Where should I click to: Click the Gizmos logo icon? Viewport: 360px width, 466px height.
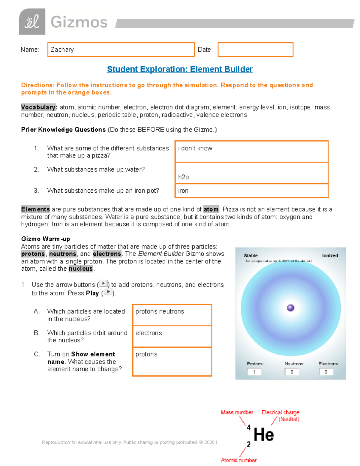(x=32, y=22)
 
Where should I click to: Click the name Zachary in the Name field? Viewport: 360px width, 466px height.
(x=62, y=50)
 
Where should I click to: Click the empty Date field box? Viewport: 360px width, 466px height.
(x=255, y=50)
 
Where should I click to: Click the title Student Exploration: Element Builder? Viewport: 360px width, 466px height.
(x=180, y=69)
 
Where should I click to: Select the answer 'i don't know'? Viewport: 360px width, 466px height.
(x=195, y=148)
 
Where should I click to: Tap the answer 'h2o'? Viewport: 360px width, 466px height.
(x=183, y=177)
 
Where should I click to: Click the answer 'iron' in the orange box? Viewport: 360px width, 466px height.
(x=183, y=191)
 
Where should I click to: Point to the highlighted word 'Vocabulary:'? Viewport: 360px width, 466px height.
(x=39, y=107)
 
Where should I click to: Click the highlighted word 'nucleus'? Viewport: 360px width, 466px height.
(x=81, y=269)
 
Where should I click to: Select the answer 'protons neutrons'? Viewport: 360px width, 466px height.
(x=160, y=311)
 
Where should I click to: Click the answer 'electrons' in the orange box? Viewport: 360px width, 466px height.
(x=148, y=333)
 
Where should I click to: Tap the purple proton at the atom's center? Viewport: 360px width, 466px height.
(x=290, y=308)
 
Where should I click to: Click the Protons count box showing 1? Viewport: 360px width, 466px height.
(x=254, y=372)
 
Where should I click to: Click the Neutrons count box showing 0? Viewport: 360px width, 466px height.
(x=292, y=372)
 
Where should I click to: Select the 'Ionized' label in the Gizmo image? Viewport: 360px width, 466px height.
(x=330, y=256)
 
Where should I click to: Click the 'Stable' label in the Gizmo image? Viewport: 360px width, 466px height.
(x=251, y=256)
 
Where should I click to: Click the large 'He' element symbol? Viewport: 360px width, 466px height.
(x=263, y=435)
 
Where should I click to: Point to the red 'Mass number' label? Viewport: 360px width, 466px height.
(x=237, y=413)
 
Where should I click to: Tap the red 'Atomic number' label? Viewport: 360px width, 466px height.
(x=239, y=460)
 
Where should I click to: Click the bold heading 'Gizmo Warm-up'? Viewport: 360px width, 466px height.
(x=46, y=239)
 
